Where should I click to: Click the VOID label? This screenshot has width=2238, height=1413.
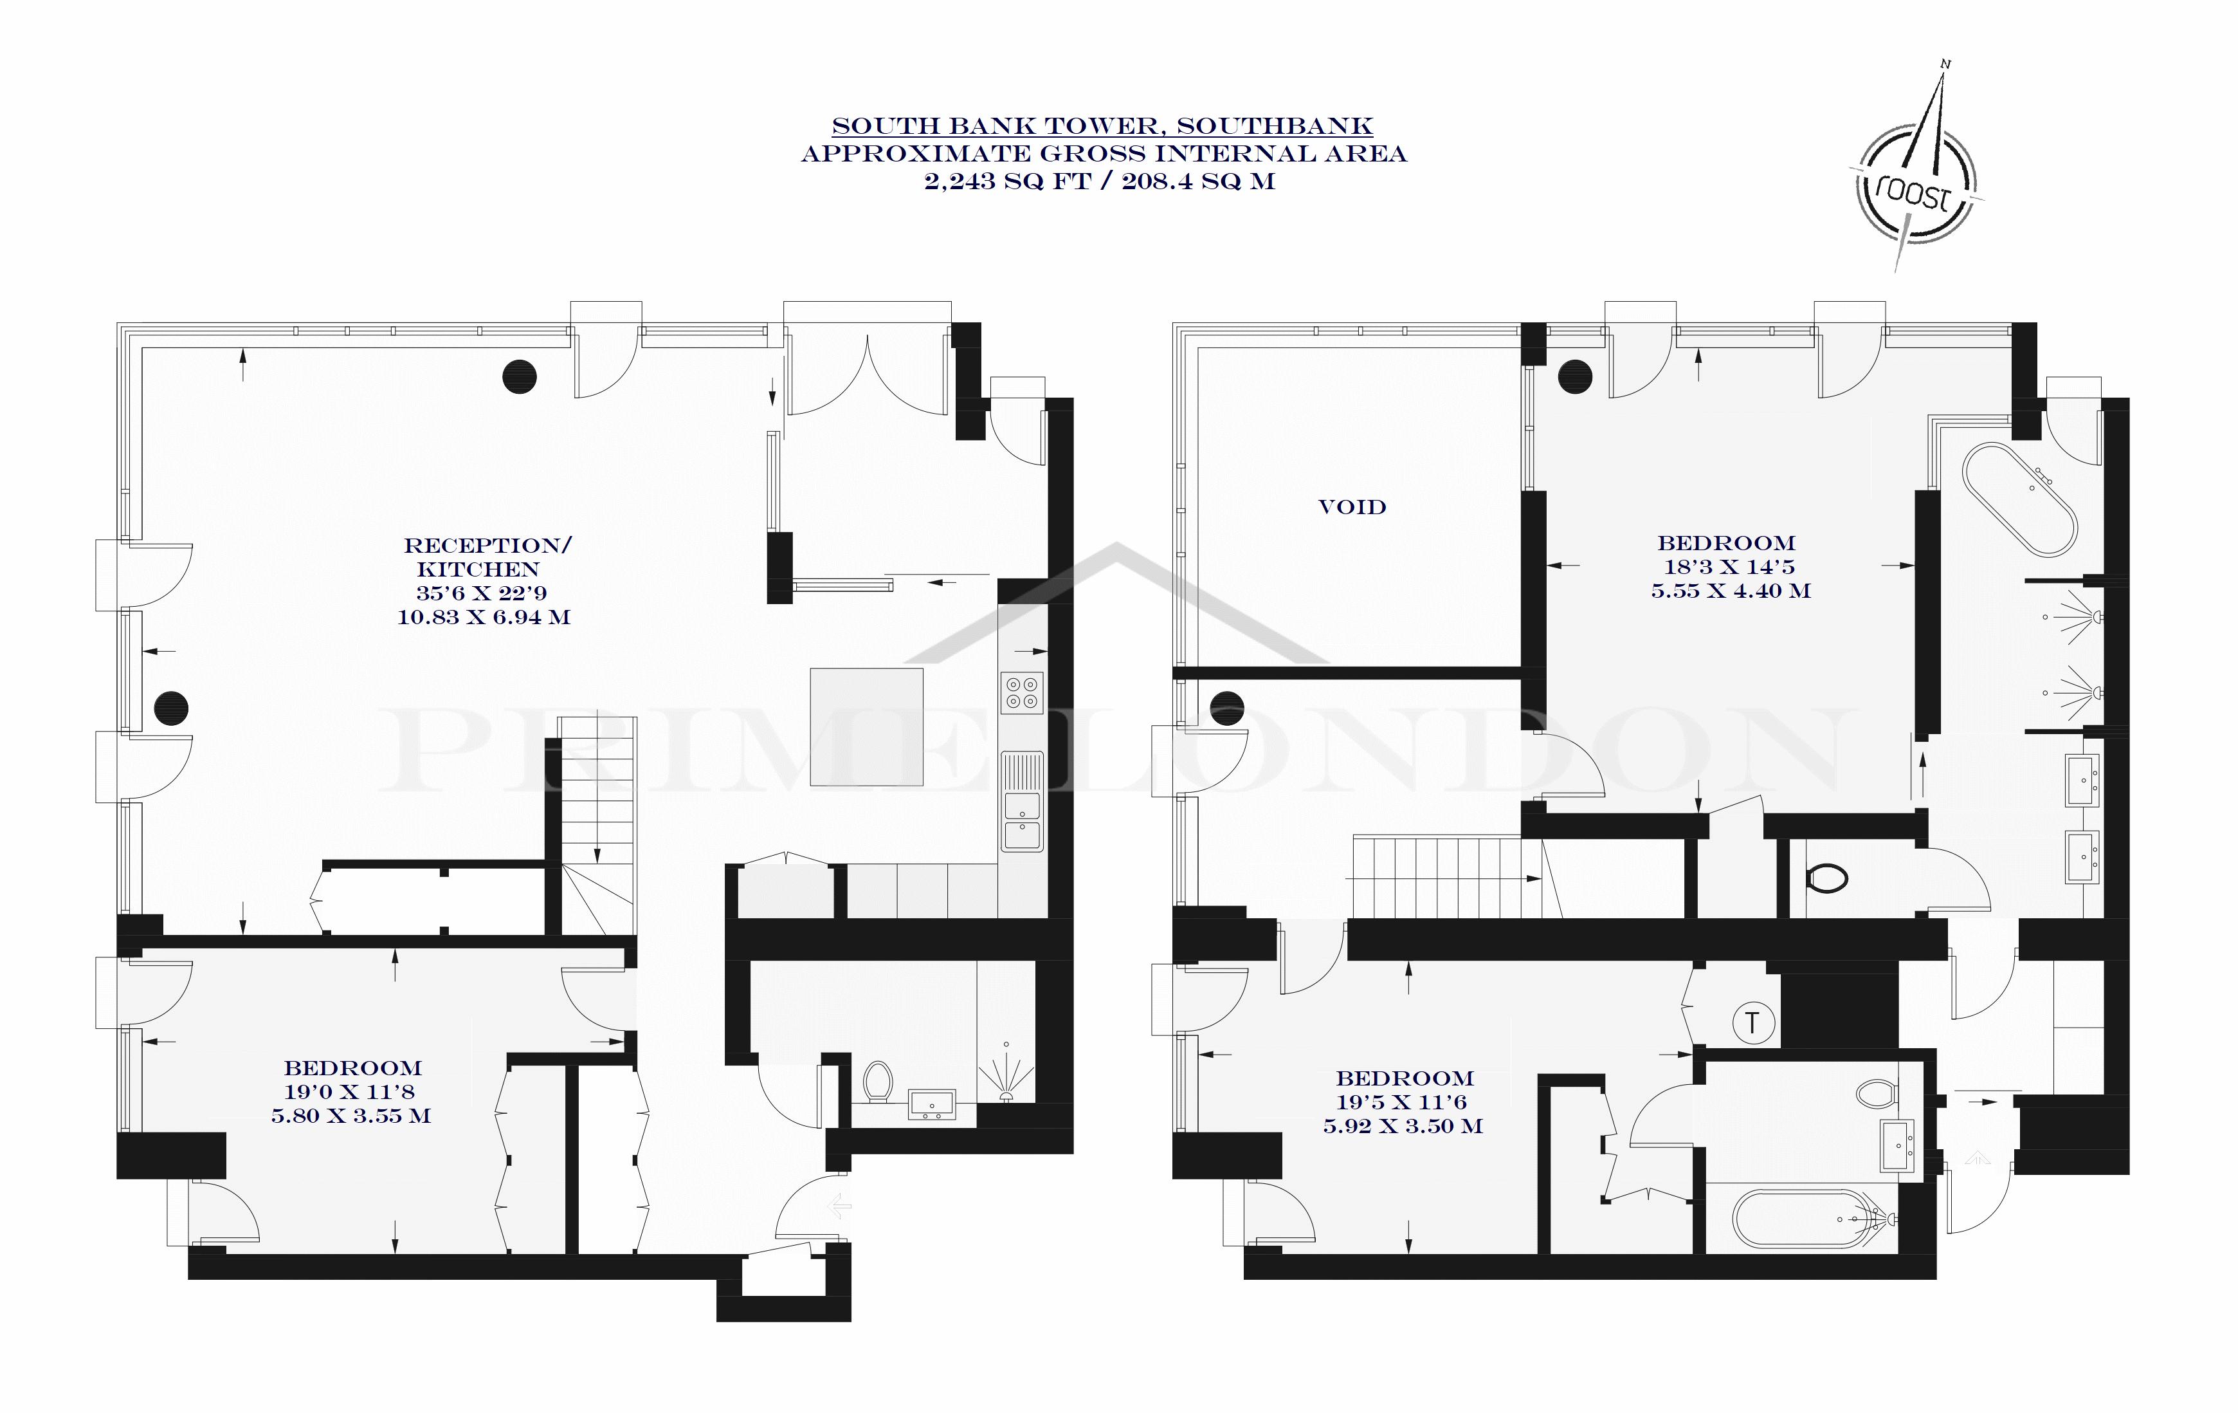point(1352,506)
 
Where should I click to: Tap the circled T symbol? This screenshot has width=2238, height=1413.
point(1753,1024)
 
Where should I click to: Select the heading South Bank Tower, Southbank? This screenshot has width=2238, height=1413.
point(1102,125)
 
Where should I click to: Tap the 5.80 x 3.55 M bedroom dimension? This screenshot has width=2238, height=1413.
point(351,1116)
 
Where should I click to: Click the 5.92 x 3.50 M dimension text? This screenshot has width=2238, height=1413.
point(1403,1126)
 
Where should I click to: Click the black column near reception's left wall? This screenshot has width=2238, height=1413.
point(171,708)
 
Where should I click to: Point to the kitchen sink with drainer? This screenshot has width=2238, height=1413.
point(1023,800)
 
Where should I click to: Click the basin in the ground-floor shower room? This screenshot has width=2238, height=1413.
point(931,1104)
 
